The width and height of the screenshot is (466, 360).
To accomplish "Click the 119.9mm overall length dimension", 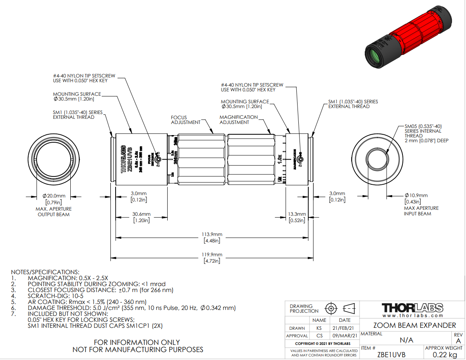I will coord(212,255).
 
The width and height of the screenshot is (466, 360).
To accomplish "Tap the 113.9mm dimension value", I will coord(212,234).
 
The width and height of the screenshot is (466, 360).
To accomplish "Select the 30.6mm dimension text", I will coord(141,214).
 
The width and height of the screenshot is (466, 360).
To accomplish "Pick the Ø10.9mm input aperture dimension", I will coord(416,195).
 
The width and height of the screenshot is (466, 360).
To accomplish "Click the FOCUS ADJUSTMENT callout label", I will coord(186,120).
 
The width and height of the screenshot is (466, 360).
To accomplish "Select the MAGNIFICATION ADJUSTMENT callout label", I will coord(238,120).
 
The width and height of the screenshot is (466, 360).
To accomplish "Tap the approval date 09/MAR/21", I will coord(344,336).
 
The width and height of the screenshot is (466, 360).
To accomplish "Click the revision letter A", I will coord(458,341).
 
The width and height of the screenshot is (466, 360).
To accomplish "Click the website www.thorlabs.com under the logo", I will coord(412,315).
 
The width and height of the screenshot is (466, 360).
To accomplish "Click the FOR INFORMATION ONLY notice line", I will coord(137,342).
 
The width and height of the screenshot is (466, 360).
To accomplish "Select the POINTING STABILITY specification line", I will coord(97,284).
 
